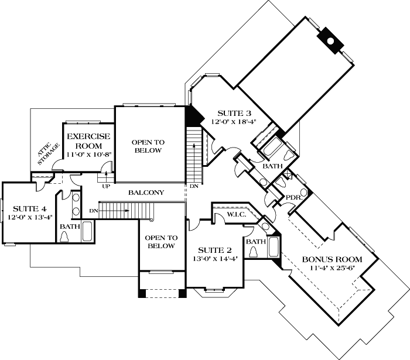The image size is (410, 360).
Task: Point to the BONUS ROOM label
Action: pos(332,259)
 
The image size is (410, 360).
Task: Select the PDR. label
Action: pos(293,197)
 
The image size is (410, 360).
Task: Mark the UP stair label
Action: pos(106,186)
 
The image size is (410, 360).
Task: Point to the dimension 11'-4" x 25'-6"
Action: pos(332,268)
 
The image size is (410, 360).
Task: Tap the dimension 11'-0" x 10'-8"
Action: pos(88,154)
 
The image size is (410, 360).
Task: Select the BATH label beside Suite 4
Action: pos(70,226)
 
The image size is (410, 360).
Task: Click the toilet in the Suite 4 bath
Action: pos(65,236)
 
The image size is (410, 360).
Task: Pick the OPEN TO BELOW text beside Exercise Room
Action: pos(147,146)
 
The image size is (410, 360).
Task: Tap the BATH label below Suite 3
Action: pos(272,166)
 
